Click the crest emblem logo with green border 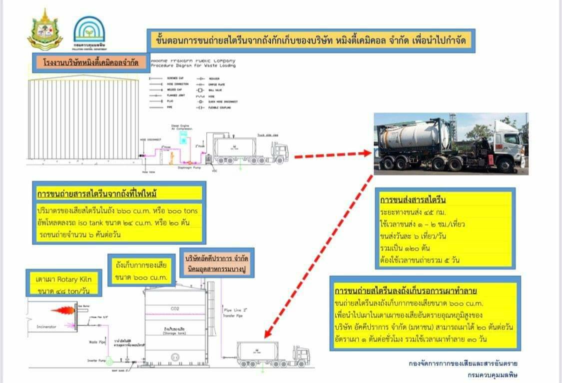(45, 29)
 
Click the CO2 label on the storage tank (175, 308)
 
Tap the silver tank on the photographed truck (414, 135)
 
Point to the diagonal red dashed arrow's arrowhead (268, 334)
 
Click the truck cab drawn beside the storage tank (301, 355)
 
